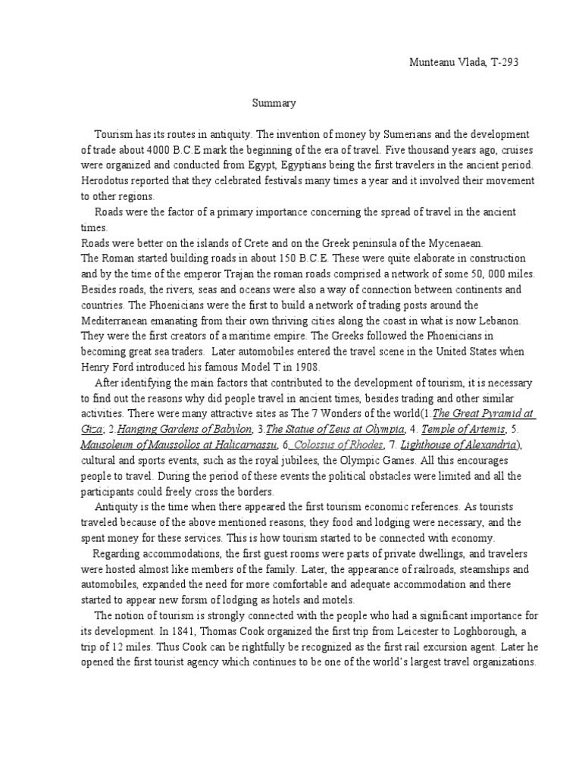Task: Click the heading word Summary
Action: point(274,102)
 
